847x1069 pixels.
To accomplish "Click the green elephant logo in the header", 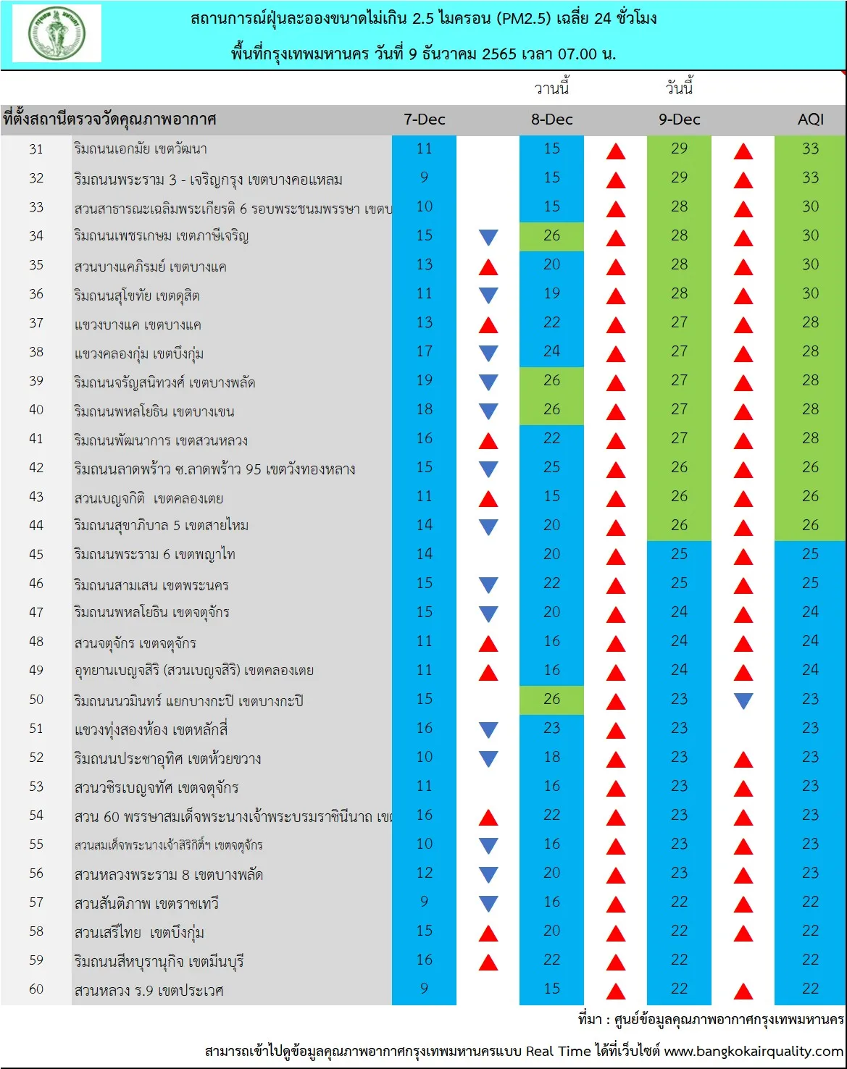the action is pyautogui.click(x=57, y=33).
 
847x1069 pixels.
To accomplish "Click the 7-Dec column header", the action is pyautogui.click(x=424, y=120).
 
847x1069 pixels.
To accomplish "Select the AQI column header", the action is pyautogui.click(x=810, y=120).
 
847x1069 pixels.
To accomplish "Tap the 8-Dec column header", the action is pyautogui.click(x=551, y=120).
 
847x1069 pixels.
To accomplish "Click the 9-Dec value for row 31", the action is pyautogui.click(x=679, y=148).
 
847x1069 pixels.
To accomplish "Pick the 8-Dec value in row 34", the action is pyautogui.click(x=551, y=235).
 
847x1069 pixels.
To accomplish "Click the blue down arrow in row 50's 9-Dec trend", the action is pyautogui.click(x=743, y=701).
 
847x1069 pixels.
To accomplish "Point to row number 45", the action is pyautogui.click(x=36, y=554).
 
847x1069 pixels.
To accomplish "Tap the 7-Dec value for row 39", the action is pyautogui.click(x=424, y=380).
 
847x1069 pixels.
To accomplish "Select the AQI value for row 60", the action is pyautogui.click(x=810, y=989).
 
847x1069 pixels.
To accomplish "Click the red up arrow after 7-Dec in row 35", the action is pyautogui.click(x=488, y=267).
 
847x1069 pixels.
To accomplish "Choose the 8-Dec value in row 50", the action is pyautogui.click(x=551, y=699).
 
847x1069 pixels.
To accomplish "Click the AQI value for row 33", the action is pyautogui.click(x=810, y=206).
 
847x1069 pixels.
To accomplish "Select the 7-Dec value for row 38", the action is pyautogui.click(x=424, y=351).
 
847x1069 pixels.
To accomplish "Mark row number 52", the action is pyautogui.click(x=36, y=757).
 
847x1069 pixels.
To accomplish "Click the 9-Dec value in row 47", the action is pyautogui.click(x=679, y=612).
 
